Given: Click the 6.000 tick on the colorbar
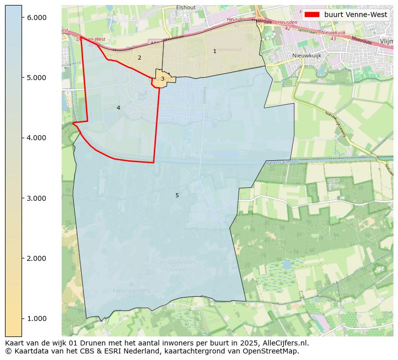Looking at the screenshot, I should (36, 18).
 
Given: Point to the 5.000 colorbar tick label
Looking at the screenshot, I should (36, 78).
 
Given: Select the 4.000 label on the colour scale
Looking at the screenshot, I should (36, 138).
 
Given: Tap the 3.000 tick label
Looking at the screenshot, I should (36, 198).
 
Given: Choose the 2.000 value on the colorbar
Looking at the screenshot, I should (36, 258).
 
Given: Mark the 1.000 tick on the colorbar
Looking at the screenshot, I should (36, 318).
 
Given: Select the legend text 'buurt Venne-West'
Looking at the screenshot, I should (355, 15).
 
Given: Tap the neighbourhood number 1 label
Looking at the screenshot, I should (215, 51).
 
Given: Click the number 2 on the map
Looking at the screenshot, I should (139, 58).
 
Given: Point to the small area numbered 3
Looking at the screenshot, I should (162, 79).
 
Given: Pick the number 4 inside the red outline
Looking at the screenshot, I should (118, 108).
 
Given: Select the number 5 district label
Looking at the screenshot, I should (177, 195).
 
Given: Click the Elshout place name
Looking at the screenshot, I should (185, 8).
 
